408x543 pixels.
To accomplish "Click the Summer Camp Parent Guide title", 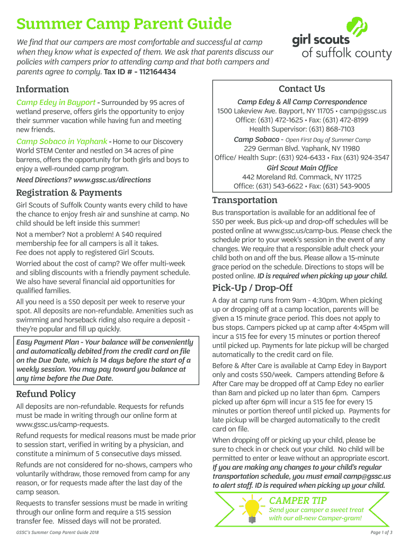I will tap(123, 24).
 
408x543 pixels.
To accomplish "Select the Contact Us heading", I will tap(301, 89).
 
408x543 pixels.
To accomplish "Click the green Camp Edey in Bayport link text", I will tap(56, 102).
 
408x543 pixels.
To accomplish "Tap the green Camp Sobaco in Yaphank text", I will tap(61, 142).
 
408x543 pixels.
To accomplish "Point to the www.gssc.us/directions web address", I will tap(112, 180).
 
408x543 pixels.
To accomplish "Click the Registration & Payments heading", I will tap(69, 192).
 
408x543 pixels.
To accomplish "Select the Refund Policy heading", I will tap(46, 394).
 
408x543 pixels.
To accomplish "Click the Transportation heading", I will tap(245, 200).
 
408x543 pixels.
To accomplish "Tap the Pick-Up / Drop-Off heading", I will tap(252, 288).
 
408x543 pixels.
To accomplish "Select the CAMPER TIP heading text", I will tap(298, 501).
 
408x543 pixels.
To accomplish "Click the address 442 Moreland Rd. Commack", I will tap(301, 177).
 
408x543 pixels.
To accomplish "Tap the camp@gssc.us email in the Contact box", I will tap(363, 111).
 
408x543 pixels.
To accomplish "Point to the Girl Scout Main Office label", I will tap(301, 168).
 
